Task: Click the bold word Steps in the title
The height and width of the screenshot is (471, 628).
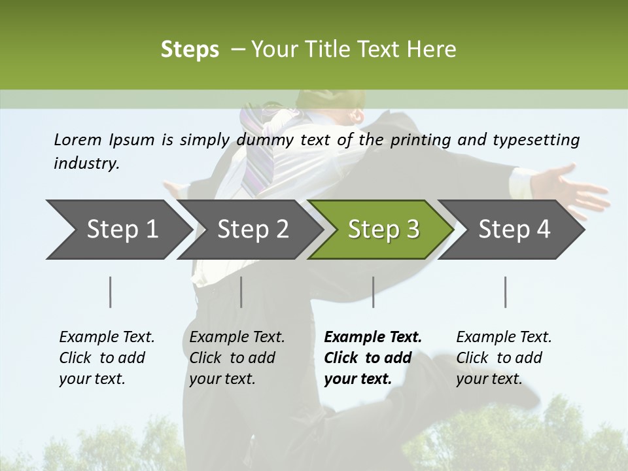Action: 190,50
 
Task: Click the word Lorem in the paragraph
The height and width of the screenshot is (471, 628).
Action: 78,140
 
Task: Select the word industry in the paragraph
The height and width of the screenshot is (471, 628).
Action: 86,164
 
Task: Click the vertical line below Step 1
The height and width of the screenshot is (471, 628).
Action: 111,292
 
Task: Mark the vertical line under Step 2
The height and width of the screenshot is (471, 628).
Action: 241,292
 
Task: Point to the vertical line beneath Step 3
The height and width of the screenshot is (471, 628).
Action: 373,292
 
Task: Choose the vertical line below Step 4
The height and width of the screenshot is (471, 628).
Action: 505,292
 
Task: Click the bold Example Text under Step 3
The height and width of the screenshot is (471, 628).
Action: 373,338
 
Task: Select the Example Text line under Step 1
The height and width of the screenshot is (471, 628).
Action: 107,338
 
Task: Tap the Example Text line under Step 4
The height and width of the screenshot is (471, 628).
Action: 504,338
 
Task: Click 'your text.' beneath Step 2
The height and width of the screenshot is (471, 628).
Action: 222,379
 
